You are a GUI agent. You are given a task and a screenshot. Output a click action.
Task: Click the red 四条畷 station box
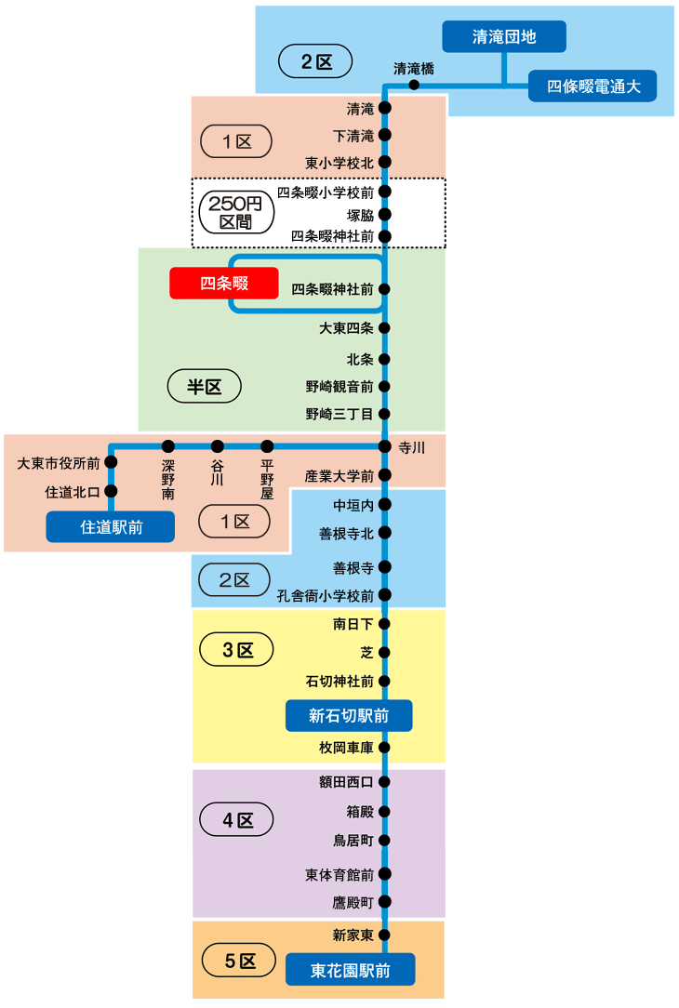point(224,283)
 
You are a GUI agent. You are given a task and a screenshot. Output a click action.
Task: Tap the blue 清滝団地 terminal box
point(503,37)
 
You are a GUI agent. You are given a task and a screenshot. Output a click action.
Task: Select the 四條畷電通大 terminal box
point(592,86)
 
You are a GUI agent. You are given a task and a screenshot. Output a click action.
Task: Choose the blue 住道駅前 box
point(112,527)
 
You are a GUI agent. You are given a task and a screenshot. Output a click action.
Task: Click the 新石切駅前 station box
point(349,716)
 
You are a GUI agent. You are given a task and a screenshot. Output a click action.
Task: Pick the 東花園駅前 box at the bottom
point(350,970)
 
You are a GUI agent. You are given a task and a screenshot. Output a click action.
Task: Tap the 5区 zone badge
point(239,962)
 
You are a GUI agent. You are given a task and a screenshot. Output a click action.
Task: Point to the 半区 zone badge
point(204,387)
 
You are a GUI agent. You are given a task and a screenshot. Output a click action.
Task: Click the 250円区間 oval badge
point(235,213)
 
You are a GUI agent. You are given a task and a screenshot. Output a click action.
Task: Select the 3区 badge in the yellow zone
point(237,650)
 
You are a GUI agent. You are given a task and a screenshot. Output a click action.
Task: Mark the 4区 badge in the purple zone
point(237,820)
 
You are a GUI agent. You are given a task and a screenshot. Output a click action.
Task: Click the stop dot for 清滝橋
point(414,86)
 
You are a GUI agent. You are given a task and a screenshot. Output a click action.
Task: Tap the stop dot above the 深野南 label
point(168,446)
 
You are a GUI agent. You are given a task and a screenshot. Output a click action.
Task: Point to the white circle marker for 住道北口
point(111,491)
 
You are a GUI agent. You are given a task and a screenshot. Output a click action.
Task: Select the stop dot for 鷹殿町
point(384,902)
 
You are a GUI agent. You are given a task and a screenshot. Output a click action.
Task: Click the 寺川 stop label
point(411,448)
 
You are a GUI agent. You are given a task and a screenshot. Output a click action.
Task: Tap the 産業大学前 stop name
point(339,476)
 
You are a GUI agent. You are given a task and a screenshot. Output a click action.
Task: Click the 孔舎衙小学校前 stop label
point(326,596)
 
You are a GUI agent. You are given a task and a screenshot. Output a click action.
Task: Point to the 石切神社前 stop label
point(339,682)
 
